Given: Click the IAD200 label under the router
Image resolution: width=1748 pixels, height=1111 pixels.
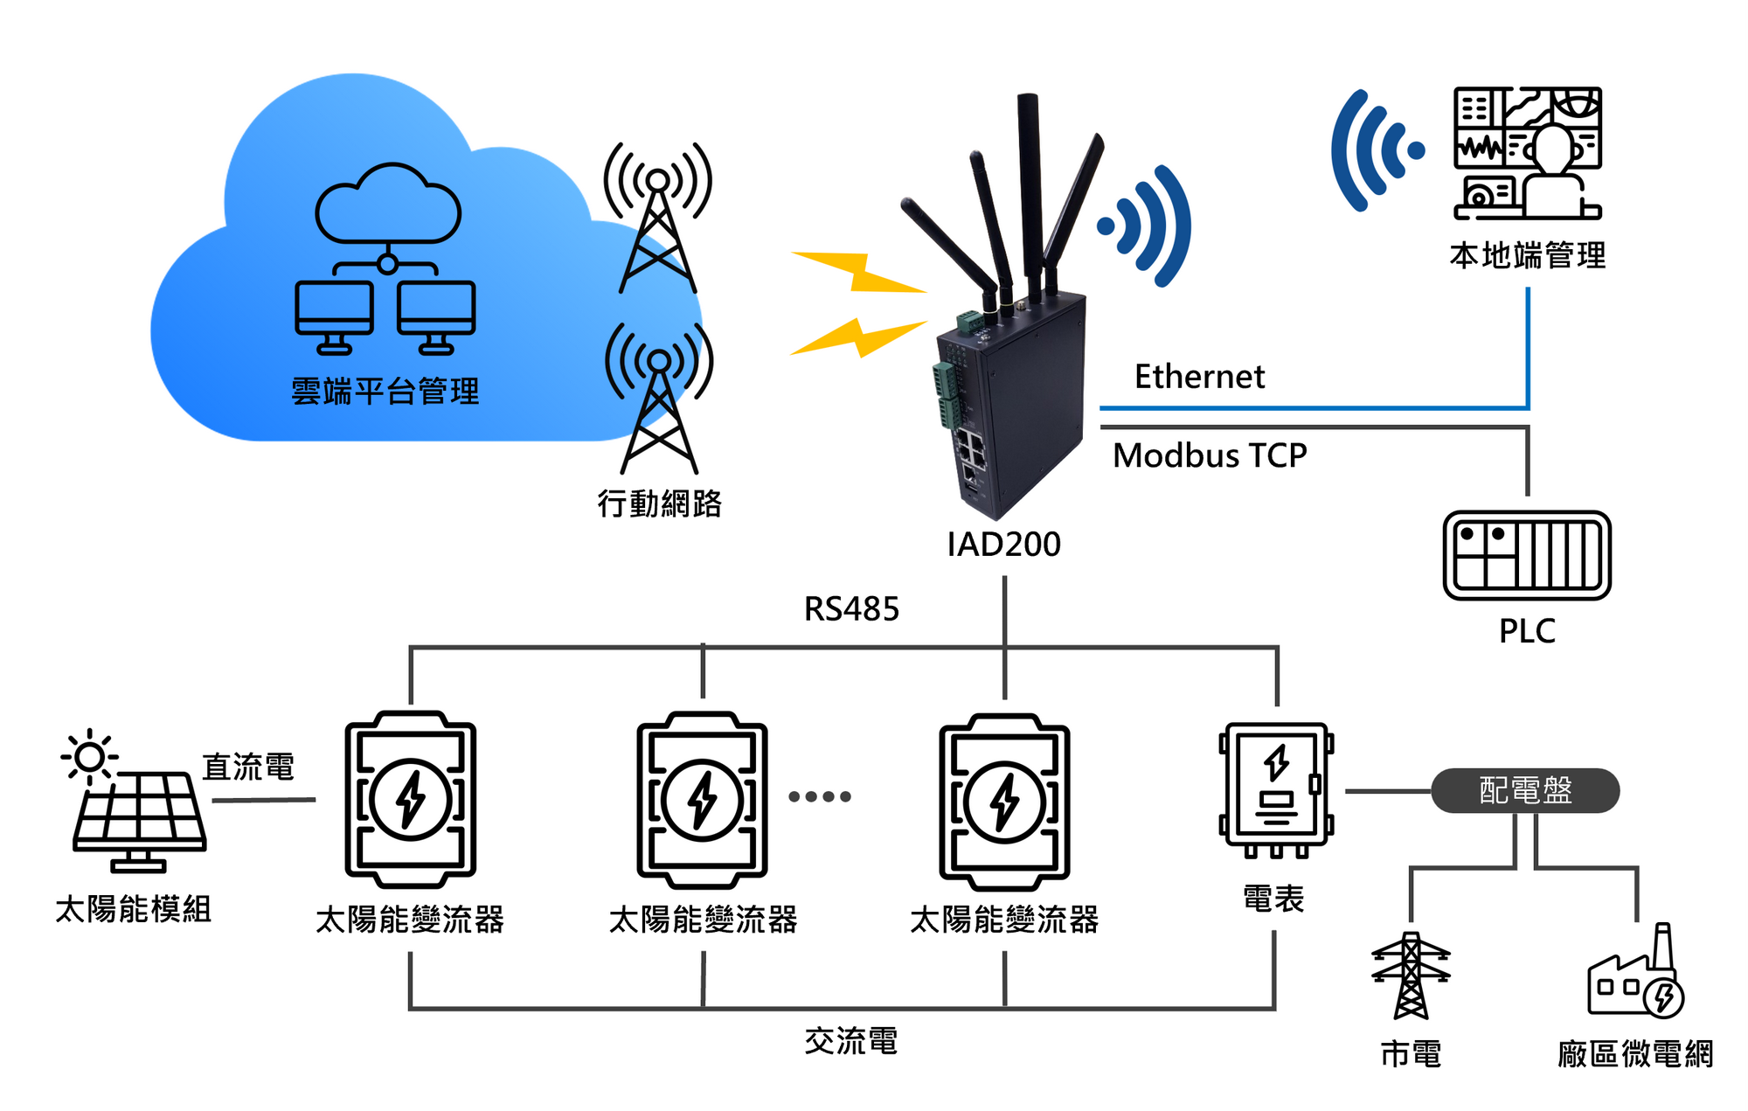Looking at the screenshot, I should [x=1003, y=545].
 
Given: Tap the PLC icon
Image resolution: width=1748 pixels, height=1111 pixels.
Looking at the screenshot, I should [x=1526, y=556].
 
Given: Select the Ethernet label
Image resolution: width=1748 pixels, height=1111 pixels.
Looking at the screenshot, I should [x=1199, y=377].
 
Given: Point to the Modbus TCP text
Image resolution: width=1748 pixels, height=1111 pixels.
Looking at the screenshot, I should [x=1210, y=455].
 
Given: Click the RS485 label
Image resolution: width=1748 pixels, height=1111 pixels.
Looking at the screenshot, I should [x=851, y=609].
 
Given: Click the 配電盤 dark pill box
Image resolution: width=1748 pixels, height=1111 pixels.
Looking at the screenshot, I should [x=1525, y=790].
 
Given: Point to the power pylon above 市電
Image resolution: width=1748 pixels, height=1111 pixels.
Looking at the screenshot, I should [x=1411, y=976].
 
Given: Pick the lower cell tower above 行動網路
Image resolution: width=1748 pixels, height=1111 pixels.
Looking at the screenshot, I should [x=659, y=399].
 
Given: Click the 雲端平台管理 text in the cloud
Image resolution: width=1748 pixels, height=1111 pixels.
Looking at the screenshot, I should [x=385, y=392].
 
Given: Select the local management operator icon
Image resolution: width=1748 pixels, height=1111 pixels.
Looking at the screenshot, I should [x=1528, y=153].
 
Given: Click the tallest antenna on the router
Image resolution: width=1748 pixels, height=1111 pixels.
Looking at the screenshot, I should [x=1030, y=192].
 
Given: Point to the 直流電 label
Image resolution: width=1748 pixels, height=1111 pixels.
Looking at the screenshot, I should [x=248, y=767].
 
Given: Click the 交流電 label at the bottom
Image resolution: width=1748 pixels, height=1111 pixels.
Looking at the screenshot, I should [x=850, y=1041].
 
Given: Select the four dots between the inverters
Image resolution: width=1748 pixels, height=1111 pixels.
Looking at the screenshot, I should [x=819, y=796].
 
